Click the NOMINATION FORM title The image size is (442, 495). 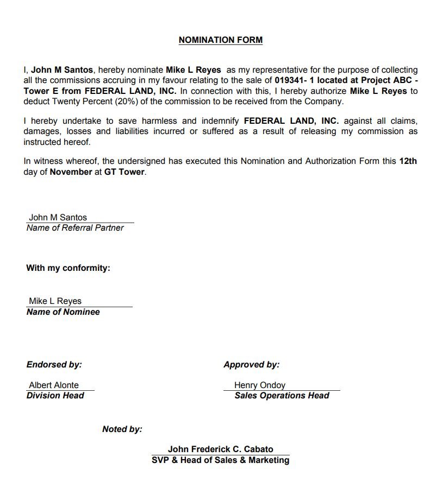click(x=220, y=40)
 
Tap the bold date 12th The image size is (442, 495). click(x=408, y=161)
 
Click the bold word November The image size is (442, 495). click(x=71, y=172)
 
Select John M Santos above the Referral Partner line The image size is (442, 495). click(x=58, y=218)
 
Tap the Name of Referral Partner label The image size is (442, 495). click(x=75, y=228)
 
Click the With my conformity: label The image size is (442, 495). click(x=68, y=268)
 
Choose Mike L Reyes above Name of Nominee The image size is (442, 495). click(x=55, y=301)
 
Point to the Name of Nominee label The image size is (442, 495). click(x=63, y=312)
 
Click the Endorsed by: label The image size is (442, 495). click(x=54, y=365)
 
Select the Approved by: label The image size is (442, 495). click(x=251, y=365)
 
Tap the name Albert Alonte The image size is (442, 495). click(x=53, y=385)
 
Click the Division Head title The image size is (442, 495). click(x=55, y=396)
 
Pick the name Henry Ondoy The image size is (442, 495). click(x=259, y=385)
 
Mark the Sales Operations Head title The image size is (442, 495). click(x=282, y=396)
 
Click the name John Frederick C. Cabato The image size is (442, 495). click(x=220, y=449)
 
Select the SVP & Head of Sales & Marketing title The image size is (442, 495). click(x=220, y=460)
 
